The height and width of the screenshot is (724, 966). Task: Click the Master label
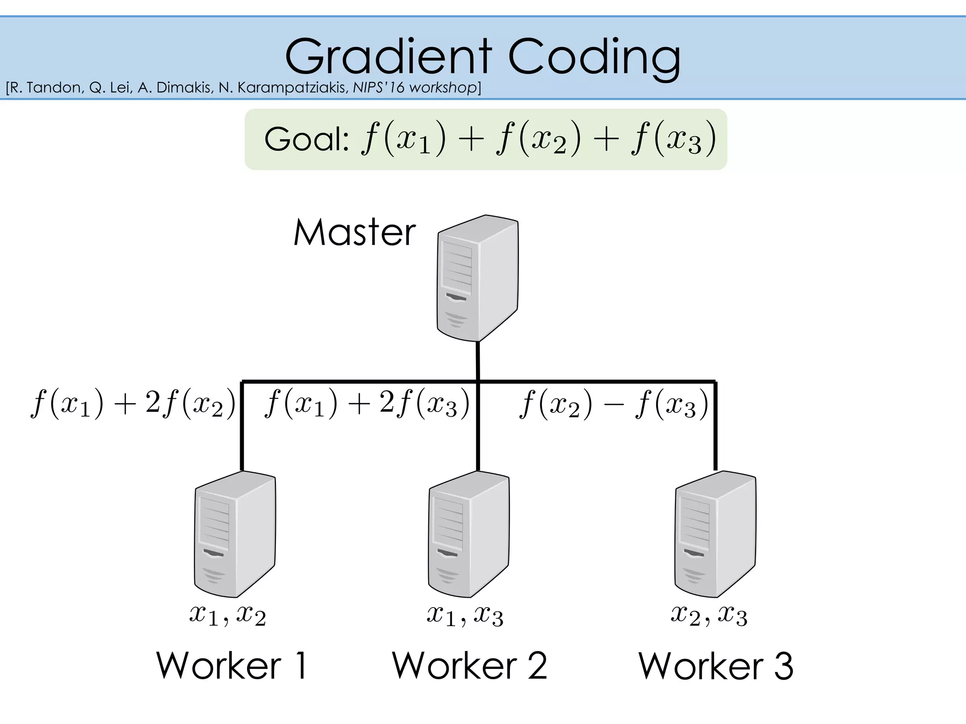coord(354,232)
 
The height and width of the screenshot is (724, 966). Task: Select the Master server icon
coord(477,278)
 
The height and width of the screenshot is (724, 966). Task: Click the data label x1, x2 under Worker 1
coord(227,615)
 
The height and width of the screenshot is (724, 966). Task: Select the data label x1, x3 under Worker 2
coord(465,615)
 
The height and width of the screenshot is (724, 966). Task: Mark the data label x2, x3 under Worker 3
coord(709,615)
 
